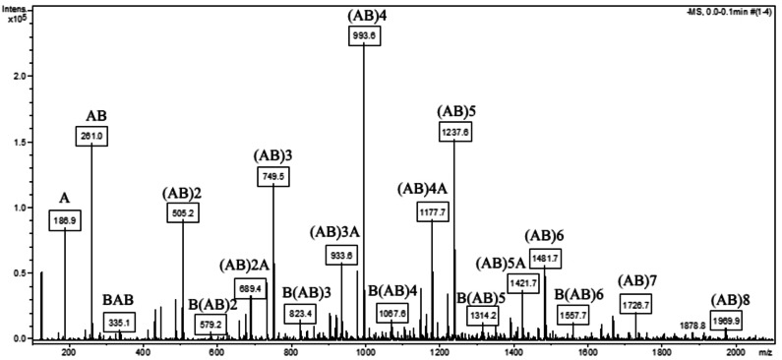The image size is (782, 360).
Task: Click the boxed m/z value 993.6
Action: point(365,35)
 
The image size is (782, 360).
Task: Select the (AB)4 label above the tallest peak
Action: point(367,17)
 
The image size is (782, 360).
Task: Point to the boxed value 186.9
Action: point(65,220)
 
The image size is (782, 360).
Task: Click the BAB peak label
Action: point(120,301)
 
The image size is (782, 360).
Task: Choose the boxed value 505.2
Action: point(183,210)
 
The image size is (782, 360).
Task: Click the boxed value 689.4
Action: point(251,288)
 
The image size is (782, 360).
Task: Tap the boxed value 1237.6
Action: point(454,130)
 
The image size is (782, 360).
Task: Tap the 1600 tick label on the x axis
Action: point(587,350)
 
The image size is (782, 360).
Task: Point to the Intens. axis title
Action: point(16,8)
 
